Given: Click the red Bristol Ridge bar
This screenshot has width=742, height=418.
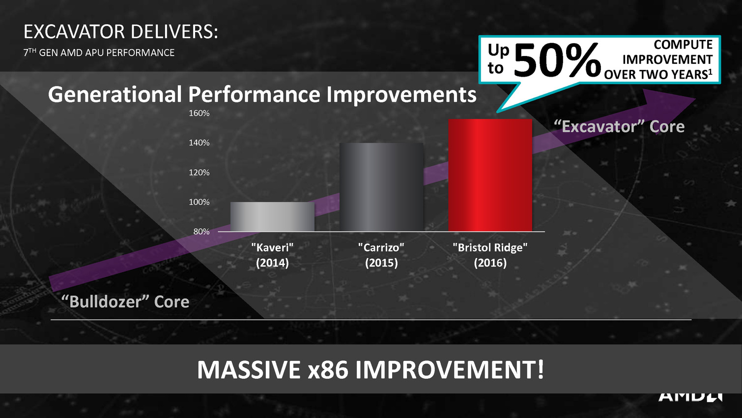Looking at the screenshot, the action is click(490, 175).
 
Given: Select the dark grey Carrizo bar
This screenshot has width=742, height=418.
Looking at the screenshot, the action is click(382, 187).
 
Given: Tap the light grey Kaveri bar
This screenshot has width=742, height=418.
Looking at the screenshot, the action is click(272, 217).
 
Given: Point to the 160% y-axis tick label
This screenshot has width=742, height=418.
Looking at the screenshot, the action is click(199, 114).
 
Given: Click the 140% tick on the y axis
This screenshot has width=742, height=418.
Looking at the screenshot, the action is click(199, 143).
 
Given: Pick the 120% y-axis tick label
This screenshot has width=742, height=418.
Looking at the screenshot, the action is click(199, 173).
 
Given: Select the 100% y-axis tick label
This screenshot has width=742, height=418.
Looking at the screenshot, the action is click(199, 202).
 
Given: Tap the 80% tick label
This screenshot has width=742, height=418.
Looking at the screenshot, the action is click(201, 232).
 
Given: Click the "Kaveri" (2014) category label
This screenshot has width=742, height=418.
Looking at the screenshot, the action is click(272, 255).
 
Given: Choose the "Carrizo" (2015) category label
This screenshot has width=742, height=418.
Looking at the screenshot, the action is click(381, 255).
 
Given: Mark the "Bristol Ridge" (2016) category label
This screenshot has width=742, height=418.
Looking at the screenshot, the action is click(490, 255).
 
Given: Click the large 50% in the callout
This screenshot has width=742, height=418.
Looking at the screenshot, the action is click(557, 60).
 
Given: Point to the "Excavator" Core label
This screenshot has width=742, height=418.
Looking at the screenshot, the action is click(619, 126).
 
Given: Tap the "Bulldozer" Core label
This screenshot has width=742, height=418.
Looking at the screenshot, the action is click(125, 301).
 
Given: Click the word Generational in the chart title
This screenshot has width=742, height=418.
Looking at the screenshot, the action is click(115, 94).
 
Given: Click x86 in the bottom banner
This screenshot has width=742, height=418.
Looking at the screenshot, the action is click(328, 370).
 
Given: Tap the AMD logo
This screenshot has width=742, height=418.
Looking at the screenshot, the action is click(690, 397).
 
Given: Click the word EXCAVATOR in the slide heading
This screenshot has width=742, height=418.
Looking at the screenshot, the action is click(74, 32).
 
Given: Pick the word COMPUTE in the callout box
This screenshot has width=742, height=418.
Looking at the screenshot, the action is click(683, 45).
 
